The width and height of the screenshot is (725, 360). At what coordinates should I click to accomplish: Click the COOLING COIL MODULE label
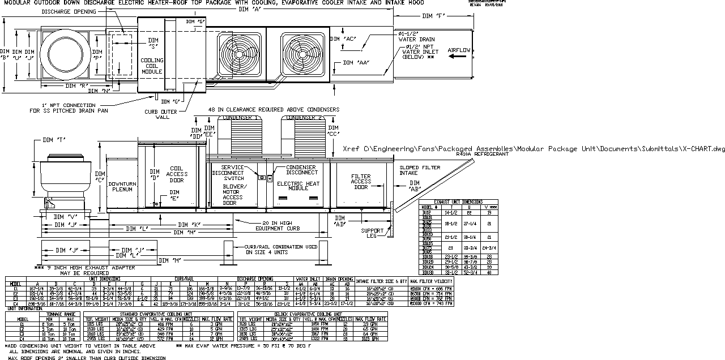(x=152, y=66)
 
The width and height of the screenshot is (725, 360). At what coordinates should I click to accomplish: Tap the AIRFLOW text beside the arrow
(x=459, y=50)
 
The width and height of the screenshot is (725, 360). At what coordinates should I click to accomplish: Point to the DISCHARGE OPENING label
(x=69, y=11)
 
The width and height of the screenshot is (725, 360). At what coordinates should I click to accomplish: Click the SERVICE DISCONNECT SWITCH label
(x=225, y=173)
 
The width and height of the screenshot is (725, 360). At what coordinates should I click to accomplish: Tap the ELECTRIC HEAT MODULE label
(x=298, y=186)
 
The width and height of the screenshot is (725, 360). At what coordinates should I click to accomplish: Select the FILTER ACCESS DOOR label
(x=361, y=182)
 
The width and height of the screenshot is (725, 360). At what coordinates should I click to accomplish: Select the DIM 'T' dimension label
(x=53, y=140)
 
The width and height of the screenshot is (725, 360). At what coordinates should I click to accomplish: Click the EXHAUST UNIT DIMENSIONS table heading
(x=458, y=202)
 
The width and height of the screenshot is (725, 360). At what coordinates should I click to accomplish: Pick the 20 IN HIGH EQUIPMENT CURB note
(x=274, y=225)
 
